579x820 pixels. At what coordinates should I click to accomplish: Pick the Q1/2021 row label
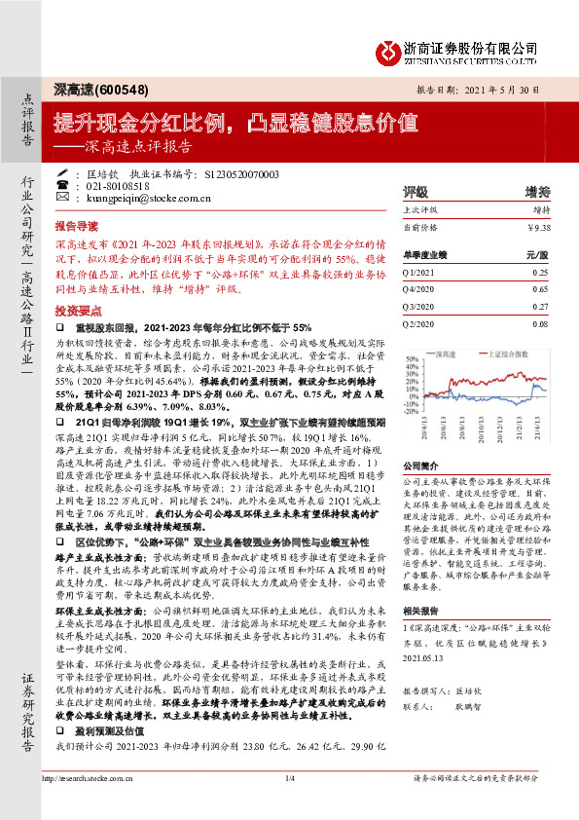[419, 275]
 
